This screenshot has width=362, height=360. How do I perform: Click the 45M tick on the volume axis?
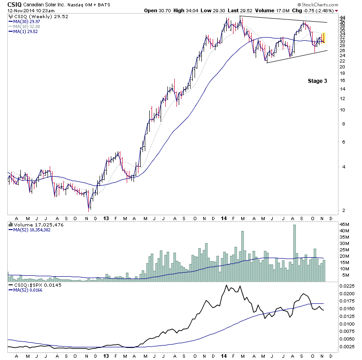345,224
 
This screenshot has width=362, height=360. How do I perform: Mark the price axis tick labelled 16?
344,81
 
